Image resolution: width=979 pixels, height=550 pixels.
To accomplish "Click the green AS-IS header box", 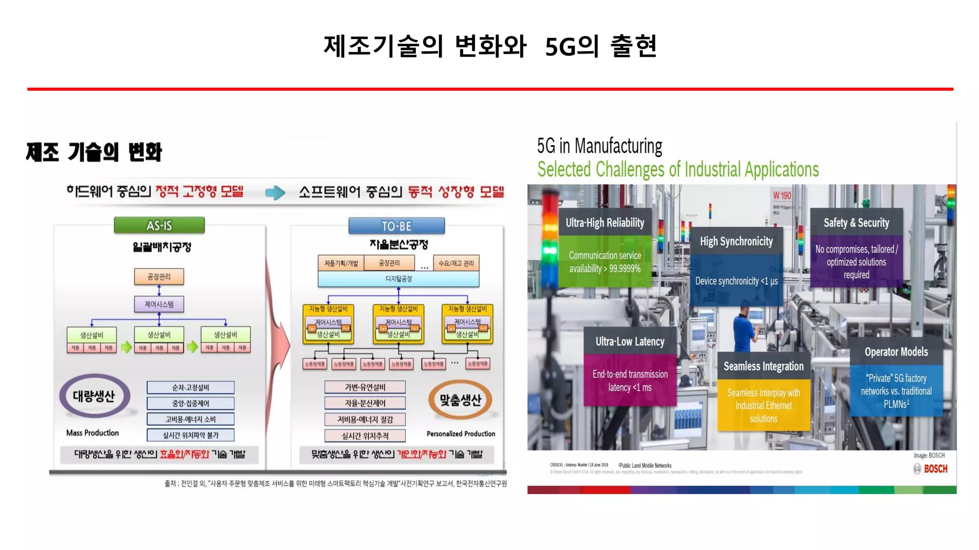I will [159, 225].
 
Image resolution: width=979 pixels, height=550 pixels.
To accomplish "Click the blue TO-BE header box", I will [396, 226].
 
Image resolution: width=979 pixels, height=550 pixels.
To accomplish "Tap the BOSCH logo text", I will [935, 469].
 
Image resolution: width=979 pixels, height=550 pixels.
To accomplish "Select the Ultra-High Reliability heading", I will [605, 222].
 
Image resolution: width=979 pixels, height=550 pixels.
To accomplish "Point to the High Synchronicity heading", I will [736, 242].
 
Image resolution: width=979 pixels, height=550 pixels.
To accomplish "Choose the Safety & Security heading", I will [856, 222].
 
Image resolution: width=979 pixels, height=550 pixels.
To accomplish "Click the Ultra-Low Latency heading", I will [630, 341].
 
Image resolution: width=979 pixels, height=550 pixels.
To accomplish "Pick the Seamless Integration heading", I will [763, 366].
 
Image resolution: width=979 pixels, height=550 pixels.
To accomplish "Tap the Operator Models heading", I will [896, 352].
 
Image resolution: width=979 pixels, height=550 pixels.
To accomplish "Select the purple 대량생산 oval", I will [94, 396].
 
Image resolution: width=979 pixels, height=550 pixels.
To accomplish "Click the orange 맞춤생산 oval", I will [460, 400].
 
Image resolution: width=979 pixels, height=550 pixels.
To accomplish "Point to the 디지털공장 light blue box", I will [398, 279].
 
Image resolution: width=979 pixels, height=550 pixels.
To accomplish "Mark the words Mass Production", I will [92, 433].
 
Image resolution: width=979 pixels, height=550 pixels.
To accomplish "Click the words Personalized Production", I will [461, 434].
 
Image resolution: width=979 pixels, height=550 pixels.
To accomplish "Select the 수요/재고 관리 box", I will [456, 263].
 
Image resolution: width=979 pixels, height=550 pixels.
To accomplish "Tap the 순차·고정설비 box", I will [190, 387].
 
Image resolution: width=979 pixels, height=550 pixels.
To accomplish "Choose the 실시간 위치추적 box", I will [365, 435].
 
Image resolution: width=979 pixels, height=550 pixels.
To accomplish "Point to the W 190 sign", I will [782, 196].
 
